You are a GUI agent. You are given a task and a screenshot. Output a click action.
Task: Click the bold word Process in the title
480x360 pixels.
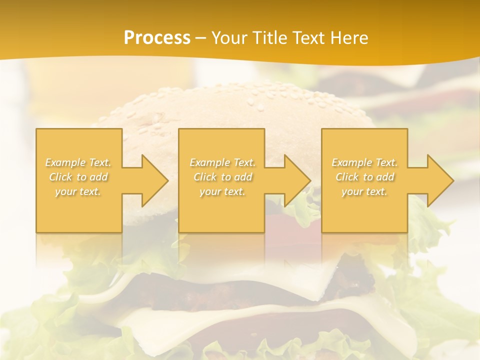click(x=157, y=38)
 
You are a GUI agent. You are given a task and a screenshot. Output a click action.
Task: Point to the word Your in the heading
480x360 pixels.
click(x=229, y=38)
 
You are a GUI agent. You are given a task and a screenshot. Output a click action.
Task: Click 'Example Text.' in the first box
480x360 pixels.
click(x=78, y=162)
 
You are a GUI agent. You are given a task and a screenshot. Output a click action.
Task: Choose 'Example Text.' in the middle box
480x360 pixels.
click(x=222, y=162)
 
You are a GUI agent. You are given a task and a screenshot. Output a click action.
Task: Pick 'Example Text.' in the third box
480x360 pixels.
click(x=364, y=162)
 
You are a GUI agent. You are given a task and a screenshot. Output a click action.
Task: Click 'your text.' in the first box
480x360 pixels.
click(x=78, y=191)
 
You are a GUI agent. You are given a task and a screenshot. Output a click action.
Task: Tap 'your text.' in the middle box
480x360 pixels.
click(x=222, y=191)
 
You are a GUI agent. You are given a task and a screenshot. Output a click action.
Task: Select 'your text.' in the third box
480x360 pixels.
click(x=364, y=191)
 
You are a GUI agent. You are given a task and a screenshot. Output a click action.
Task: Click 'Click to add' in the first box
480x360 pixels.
click(x=78, y=177)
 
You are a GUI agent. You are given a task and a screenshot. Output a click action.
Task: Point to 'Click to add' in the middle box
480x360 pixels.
click(x=222, y=177)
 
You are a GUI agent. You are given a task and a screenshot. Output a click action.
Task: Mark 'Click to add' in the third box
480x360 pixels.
click(x=364, y=177)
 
